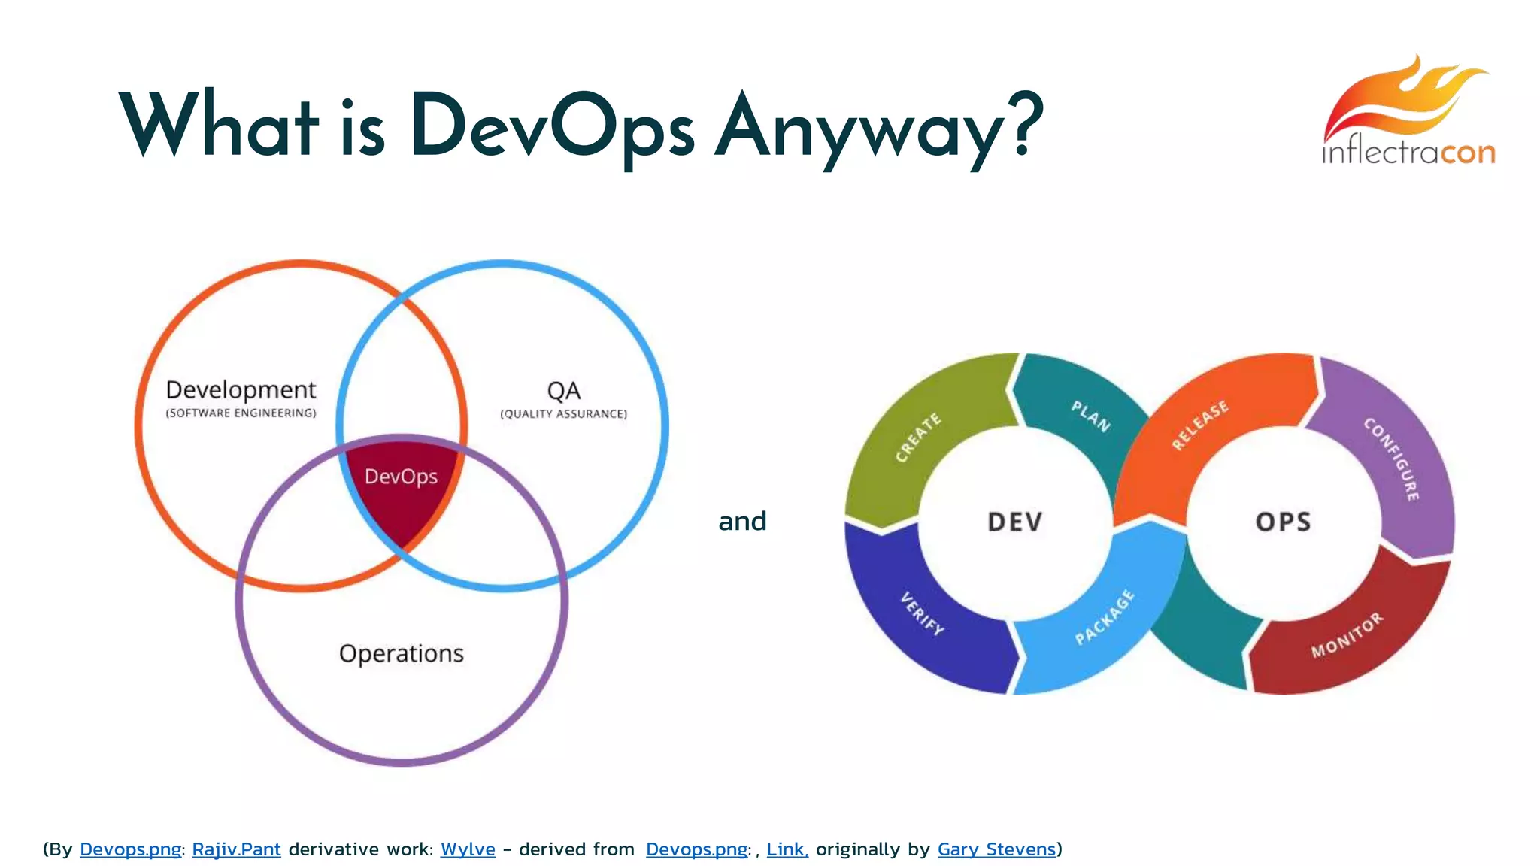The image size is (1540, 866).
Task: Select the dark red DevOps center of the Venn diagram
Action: tap(401, 489)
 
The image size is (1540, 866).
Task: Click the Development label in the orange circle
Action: tap(241, 389)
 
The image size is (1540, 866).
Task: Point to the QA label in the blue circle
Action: tap(563, 391)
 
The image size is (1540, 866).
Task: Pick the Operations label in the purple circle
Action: tap(401, 653)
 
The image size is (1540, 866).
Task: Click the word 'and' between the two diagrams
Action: tap(742, 521)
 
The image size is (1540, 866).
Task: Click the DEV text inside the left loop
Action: tap(1014, 522)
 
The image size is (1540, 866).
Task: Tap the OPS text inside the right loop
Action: tap(1283, 522)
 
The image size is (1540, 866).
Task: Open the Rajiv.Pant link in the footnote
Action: tap(236, 849)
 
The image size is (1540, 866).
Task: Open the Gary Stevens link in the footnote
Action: tap(996, 849)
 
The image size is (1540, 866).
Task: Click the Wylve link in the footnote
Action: tap(468, 849)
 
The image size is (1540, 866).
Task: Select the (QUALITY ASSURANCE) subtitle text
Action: tap(563, 414)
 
